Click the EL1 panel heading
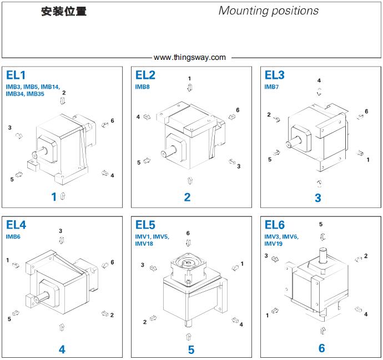click(x=16, y=75)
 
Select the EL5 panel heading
click(x=145, y=225)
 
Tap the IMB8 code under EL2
click(x=142, y=87)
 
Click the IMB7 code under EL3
click(x=271, y=87)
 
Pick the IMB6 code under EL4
click(x=13, y=236)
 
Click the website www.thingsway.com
click(x=190, y=57)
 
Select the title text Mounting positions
click(x=269, y=11)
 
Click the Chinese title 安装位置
click(x=64, y=12)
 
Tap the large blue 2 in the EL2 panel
click(x=188, y=197)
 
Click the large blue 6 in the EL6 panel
click(x=322, y=348)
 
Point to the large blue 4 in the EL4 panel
click(x=62, y=349)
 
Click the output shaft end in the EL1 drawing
click(x=34, y=155)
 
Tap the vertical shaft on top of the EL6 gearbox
click(x=322, y=255)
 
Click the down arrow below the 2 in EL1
click(x=63, y=100)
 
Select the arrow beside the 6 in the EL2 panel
click(x=232, y=116)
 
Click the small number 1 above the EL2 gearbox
click(x=189, y=79)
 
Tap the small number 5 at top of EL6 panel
click(x=321, y=224)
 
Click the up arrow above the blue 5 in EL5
click(x=188, y=337)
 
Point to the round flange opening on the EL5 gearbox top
click(x=188, y=262)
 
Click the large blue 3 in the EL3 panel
click(x=318, y=198)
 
